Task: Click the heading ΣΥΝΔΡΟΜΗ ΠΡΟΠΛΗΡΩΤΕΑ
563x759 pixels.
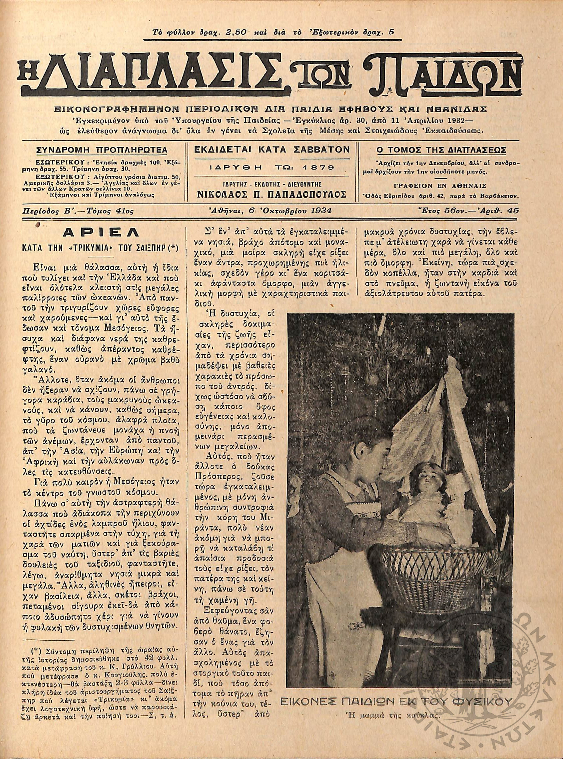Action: [101, 150]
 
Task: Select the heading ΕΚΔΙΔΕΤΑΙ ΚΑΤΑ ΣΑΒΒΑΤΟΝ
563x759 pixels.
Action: [271, 150]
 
